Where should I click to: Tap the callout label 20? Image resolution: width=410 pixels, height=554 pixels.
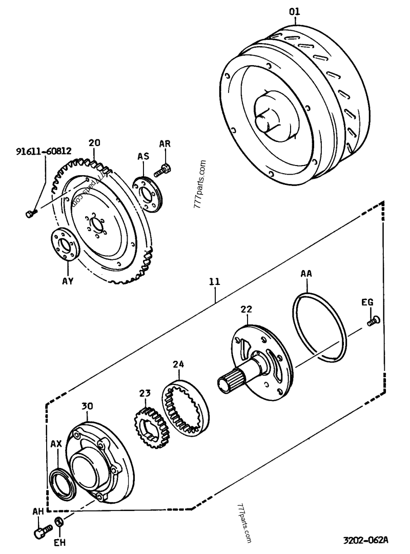[94, 143]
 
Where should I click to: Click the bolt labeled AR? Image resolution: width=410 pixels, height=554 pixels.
[163, 170]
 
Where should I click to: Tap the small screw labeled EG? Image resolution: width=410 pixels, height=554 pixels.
[372, 321]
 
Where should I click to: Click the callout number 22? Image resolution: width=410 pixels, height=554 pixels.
[247, 309]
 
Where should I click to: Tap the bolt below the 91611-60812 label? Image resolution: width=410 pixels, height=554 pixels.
[30, 213]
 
